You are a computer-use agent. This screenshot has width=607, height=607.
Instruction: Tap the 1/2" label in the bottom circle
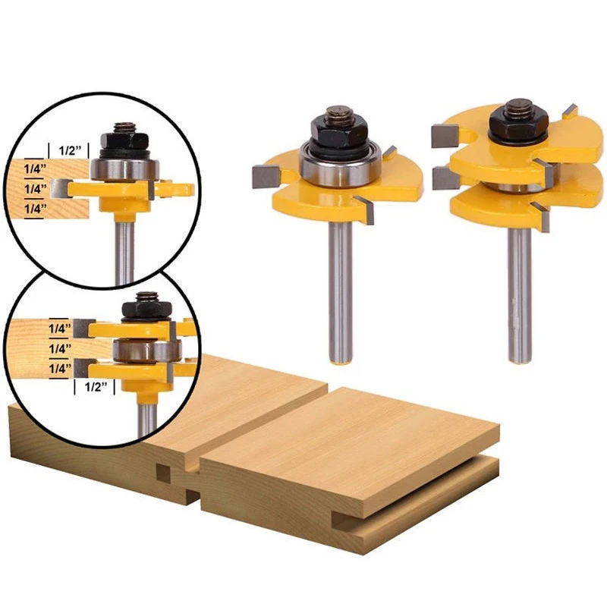pos(95,387)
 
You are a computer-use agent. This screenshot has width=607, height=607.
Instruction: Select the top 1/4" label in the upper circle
pos(35,168)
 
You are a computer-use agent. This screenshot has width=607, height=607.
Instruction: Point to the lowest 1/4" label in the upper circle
pos(35,209)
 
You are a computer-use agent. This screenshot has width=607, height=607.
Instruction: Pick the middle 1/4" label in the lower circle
pos(60,348)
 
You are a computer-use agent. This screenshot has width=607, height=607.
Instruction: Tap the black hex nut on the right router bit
pos(515,122)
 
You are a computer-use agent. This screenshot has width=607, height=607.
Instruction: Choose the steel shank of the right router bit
pos(520,295)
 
